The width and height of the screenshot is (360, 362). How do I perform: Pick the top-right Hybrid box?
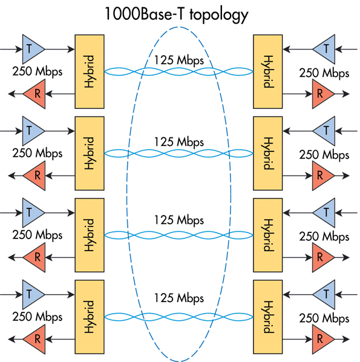click(265, 71)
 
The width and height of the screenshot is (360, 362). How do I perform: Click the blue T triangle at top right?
click(324, 48)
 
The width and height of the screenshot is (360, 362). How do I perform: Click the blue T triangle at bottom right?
click(324, 294)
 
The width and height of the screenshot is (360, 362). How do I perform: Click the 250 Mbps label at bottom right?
click(324, 317)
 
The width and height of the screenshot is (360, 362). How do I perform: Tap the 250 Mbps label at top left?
click(37, 71)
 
